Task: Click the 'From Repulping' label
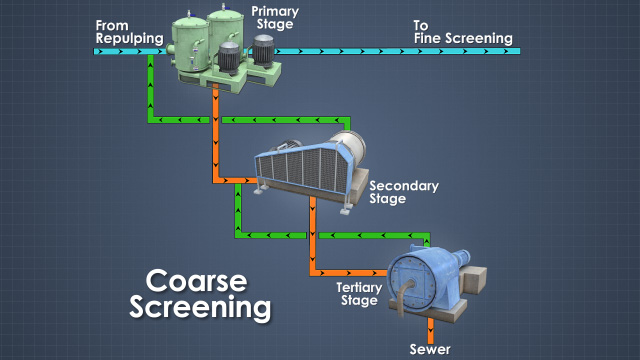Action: pyautogui.click(x=127, y=31)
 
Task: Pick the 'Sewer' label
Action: pyautogui.click(x=432, y=349)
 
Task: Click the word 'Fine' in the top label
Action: pyautogui.click(x=432, y=39)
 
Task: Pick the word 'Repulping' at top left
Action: pyautogui.click(x=127, y=39)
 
